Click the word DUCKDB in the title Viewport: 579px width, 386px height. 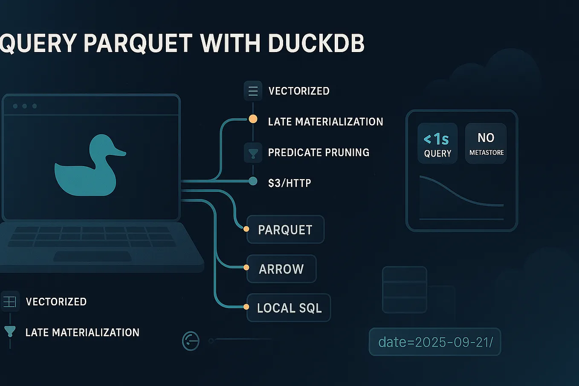point(316,43)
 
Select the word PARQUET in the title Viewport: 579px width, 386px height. point(138,43)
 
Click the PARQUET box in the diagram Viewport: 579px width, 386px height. point(285,229)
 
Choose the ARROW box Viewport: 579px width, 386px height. point(281,269)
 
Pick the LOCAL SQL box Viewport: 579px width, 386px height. point(289,308)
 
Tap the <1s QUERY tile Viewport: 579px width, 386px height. point(437,144)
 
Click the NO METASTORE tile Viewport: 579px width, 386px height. point(486,144)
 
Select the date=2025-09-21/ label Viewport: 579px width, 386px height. point(435,342)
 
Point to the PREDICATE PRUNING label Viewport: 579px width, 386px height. point(318,152)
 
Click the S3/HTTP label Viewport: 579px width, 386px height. point(289,183)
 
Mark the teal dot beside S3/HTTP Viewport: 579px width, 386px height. point(253,181)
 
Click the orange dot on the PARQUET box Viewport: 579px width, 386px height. point(246,229)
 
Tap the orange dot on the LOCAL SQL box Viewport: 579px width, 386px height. point(246,307)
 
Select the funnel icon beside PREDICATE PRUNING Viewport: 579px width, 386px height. point(253,153)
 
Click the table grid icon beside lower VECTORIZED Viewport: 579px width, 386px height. point(9,302)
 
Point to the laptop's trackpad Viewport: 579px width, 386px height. point(93,257)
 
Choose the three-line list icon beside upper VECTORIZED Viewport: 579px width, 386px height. point(253,91)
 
